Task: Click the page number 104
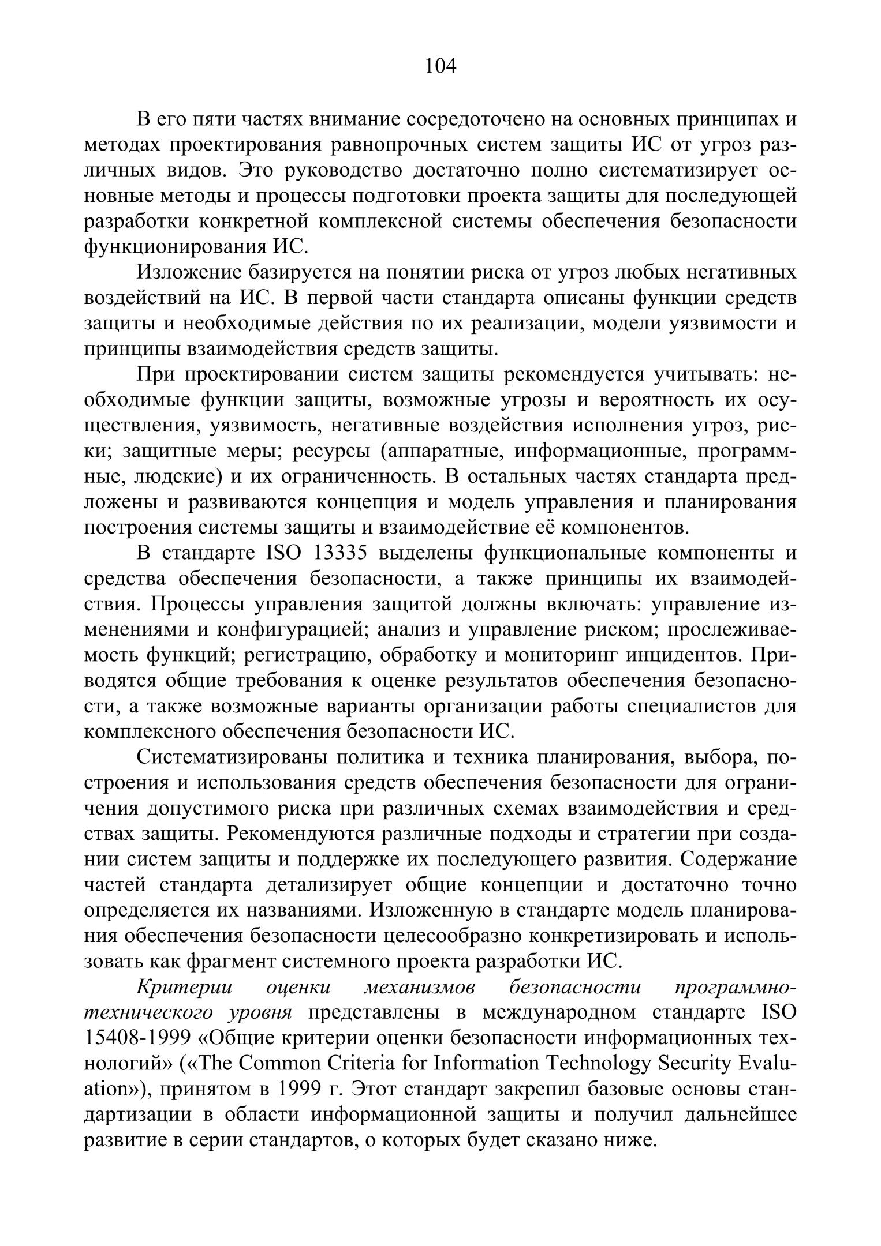(x=440, y=66)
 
